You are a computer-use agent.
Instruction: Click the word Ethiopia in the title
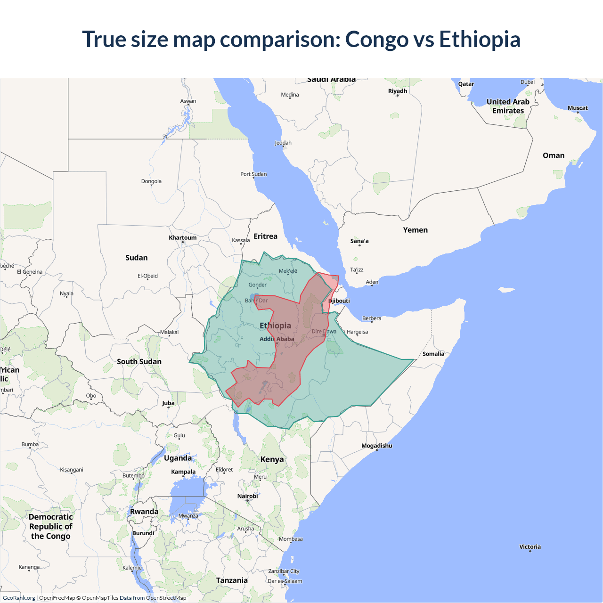(x=480, y=39)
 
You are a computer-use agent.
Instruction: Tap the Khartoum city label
(x=183, y=237)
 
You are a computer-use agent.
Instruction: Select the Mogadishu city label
(x=376, y=446)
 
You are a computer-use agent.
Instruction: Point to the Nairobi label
(x=247, y=496)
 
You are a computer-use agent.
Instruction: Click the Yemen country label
(x=415, y=230)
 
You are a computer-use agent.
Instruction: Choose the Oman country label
(x=553, y=155)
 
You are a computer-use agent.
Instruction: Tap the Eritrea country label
(x=265, y=236)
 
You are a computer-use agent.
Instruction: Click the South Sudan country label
(x=139, y=361)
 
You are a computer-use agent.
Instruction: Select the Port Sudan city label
(x=253, y=174)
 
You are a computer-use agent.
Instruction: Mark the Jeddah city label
(x=283, y=143)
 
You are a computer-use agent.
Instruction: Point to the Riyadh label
(x=397, y=91)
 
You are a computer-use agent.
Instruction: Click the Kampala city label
(x=183, y=472)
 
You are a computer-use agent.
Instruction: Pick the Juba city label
(x=168, y=403)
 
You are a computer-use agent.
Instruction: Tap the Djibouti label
(x=339, y=301)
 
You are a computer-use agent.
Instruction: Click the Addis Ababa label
(x=277, y=339)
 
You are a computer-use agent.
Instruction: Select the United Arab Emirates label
(x=508, y=106)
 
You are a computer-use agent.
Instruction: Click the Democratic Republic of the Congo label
(x=50, y=526)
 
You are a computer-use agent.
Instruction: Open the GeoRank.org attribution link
(x=19, y=598)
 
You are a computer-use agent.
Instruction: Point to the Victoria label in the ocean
(x=530, y=546)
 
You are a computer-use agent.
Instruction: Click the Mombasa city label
(x=291, y=539)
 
